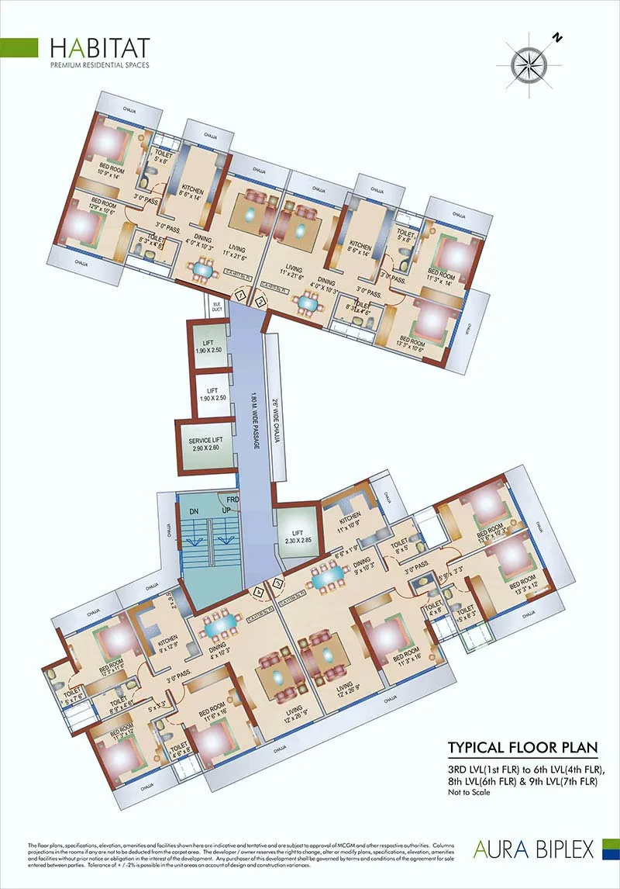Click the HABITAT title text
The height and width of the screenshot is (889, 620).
tap(100, 47)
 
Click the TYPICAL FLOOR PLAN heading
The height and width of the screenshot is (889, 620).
tap(523, 749)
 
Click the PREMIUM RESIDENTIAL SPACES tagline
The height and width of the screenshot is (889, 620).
tap(100, 65)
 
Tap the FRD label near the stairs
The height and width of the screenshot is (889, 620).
tap(232, 500)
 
